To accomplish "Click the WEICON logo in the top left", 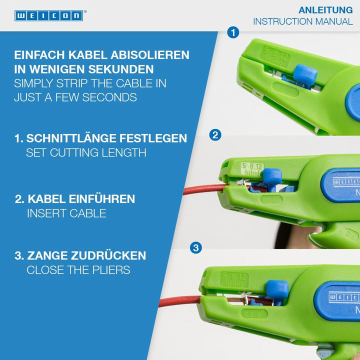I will [x=48, y=15].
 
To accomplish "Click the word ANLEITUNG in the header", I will [x=325, y=10].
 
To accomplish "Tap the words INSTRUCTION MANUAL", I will [x=303, y=22].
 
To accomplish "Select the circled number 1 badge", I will [x=232, y=32].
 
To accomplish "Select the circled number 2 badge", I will [x=215, y=134].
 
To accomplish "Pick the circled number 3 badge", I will [x=196, y=247].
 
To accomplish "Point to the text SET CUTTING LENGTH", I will [x=86, y=152].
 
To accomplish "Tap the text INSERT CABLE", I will [x=66, y=213].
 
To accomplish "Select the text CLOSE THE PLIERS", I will [x=78, y=270].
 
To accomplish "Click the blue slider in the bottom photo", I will [x=277, y=291].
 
